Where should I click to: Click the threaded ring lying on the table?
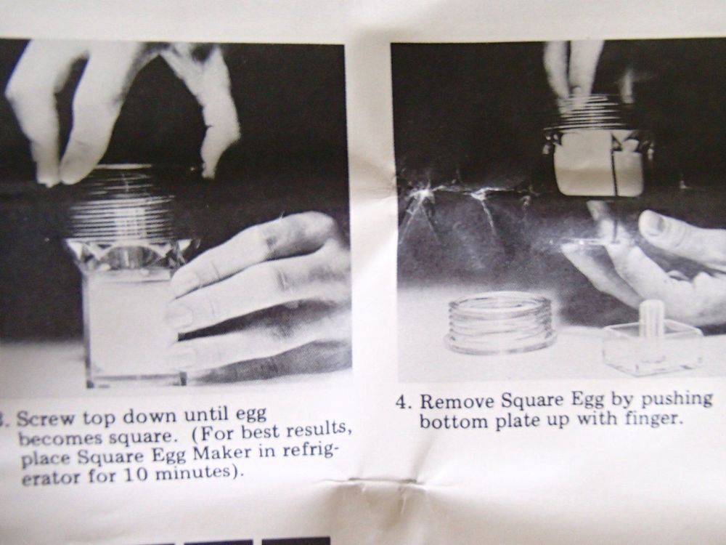click(500, 320)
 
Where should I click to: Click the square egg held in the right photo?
click(600, 169)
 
